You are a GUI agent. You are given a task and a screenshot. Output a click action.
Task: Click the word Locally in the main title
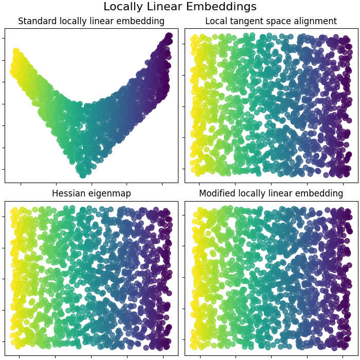coord(121,7)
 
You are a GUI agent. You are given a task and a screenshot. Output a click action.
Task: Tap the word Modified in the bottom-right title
coord(217,193)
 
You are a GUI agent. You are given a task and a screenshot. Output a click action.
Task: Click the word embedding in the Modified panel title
coord(321,193)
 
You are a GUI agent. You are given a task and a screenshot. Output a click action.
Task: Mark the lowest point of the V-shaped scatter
coord(82,175)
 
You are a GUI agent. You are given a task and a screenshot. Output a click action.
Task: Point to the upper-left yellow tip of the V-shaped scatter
coord(15,52)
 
